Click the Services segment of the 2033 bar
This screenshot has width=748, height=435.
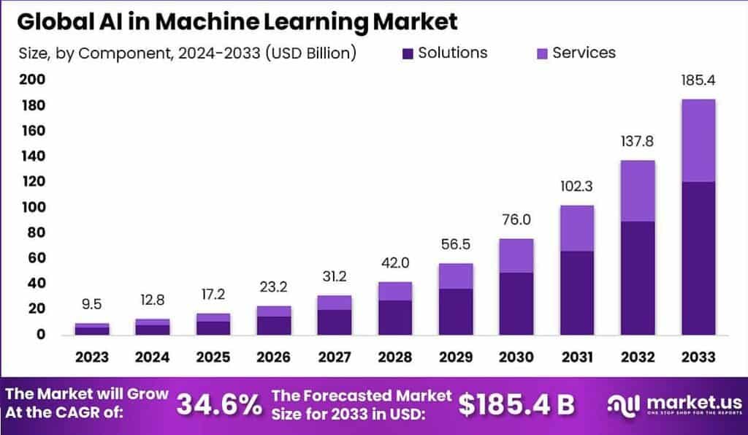pyautogui.click(x=698, y=140)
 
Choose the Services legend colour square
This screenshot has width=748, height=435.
pyautogui.click(x=541, y=53)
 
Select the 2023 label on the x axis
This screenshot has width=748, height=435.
pyautogui.click(x=92, y=357)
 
